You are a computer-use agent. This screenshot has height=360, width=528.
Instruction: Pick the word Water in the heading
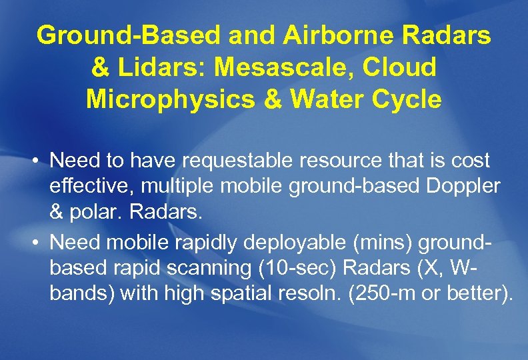tap(315, 99)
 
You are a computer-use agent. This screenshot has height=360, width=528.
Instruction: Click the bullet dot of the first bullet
tap(36, 161)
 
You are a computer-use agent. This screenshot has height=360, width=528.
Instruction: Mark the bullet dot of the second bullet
tap(36, 242)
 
